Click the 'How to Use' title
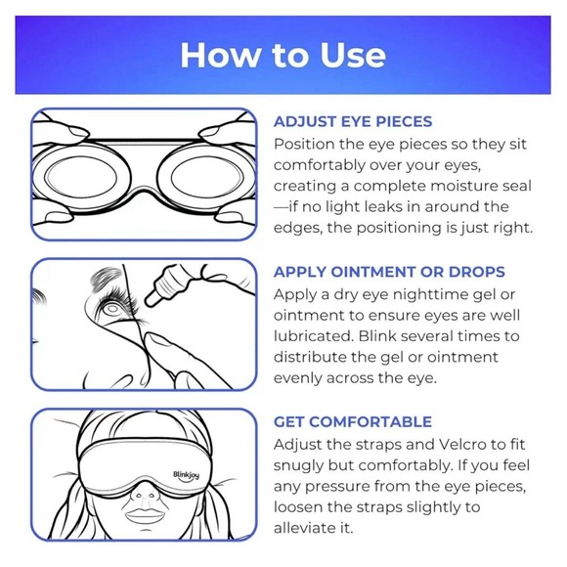[x=283, y=55]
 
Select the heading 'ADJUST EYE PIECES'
[x=353, y=122]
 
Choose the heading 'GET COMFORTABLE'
[x=353, y=421]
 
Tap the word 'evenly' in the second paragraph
[x=301, y=378]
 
